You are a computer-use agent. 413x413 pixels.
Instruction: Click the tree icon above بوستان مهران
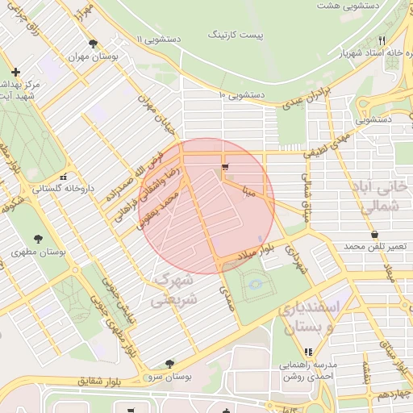coord(94,44)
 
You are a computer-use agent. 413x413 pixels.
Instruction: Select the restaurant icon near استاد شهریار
coord(382,40)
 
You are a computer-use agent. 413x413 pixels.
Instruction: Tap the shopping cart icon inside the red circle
coord(223,168)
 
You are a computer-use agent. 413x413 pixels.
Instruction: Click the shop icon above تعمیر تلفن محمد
coord(374,235)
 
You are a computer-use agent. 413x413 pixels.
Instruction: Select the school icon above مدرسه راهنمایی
coord(308,352)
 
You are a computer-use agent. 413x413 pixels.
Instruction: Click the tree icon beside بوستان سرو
coord(169,365)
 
